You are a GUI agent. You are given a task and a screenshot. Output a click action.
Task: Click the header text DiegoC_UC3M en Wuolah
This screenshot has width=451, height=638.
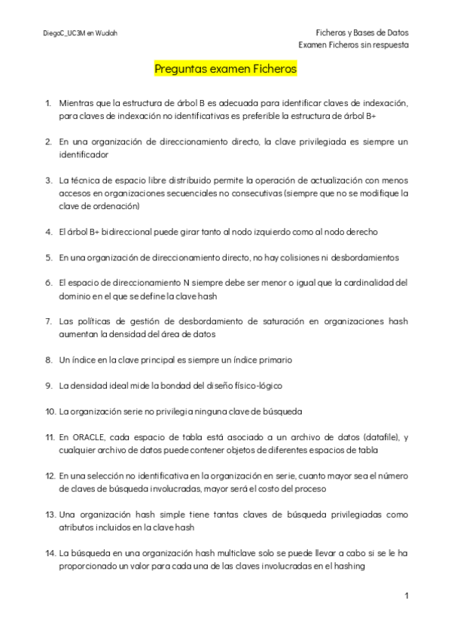pyautogui.click(x=80, y=33)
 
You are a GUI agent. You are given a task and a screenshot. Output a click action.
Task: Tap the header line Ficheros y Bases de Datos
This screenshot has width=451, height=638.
pyautogui.click(x=362, y=32)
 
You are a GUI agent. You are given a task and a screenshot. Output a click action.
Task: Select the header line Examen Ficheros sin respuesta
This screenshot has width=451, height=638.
pyautogui.click(x=353, y=44)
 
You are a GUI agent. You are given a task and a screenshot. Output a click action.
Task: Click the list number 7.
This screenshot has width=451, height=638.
pyautogui.click(x=48, y=321)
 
